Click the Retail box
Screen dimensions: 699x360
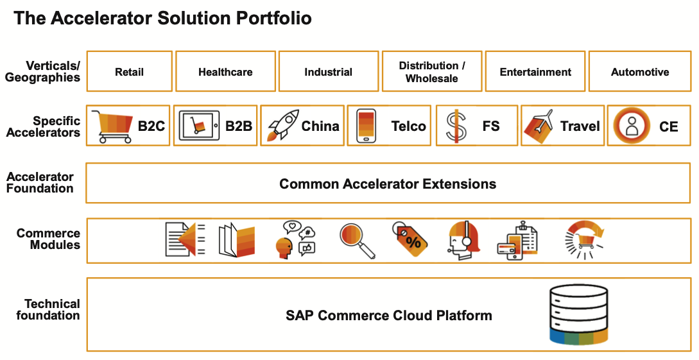click(129, 71)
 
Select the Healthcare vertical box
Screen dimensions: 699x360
click(225, 71)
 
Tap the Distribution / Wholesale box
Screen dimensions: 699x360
click(432, 71)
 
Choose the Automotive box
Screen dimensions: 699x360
click(640, 71)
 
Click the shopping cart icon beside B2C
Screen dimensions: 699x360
click(112, 126)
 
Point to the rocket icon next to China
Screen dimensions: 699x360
click(282, 126)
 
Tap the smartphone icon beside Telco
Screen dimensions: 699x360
click(366, 126)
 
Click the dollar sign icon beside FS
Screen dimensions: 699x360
click(456, 126)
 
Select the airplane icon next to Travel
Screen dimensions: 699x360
click(538, 126)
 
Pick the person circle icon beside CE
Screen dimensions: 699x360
click(631, 126)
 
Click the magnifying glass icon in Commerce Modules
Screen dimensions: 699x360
click(357, 241)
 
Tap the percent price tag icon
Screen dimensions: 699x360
click(410, 240)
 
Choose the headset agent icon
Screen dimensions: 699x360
click(463, 240)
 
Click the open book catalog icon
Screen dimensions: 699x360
click(237, 240)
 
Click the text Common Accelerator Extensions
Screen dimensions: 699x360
click(388, 184)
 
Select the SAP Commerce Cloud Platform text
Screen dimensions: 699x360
click(389, 316)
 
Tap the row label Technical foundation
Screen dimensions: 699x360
click(48, 310)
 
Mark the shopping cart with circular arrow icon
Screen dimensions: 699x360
click(584, 240)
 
